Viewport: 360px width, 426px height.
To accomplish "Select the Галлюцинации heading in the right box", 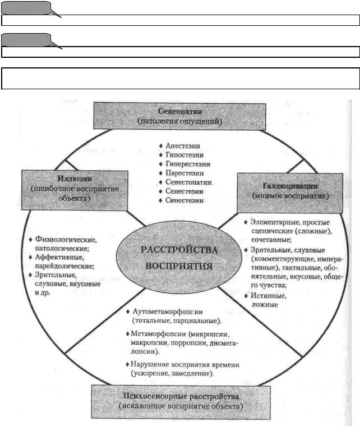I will click(290, 185).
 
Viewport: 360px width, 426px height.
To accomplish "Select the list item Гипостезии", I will click(184, 154).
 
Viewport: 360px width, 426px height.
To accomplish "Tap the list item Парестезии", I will click(184, 173).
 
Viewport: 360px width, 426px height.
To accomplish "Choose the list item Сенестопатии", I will click(188, 182).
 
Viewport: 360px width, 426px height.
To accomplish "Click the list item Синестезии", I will click(184, 200).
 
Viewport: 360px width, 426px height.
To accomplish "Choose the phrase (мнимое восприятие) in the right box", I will click(290, 196).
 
